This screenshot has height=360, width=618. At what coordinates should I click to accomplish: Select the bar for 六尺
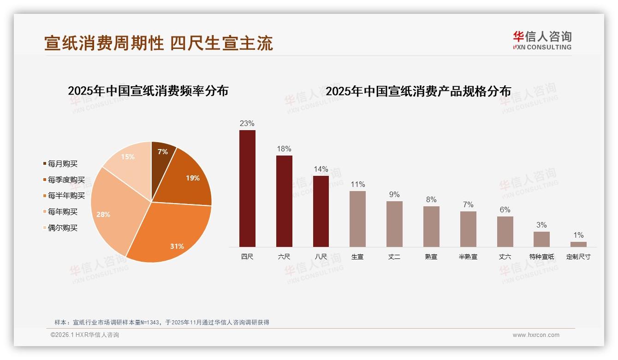pyautogui.click(x=284, y=201)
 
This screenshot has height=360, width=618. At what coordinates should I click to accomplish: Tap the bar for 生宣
pyautogui.click(x=357, y=219)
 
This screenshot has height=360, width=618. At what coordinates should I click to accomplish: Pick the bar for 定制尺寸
pyautogui.click(x=578, y=244)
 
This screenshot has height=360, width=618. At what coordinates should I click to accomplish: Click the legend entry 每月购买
pyautogui.click(x=63, y=164)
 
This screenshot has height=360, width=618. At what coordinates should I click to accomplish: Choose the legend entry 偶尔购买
pyautogui.click(x=63, y=228)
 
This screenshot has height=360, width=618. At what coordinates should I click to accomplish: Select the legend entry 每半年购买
pyautogui.click(x=66, y=196)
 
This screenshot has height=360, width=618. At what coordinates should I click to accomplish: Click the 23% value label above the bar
pyautogui.click(x=247, y=124)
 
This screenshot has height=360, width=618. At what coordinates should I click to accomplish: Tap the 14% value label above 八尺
pyautogui.click(x=321, y=169)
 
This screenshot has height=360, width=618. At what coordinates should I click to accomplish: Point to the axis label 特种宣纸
pyautogui.click(x=541, y=257)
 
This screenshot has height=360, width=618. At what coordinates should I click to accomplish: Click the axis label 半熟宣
pyautogui.click(x=468, y=257)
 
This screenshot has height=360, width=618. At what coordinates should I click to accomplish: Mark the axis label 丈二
pyautogui.click(x=394, y=257)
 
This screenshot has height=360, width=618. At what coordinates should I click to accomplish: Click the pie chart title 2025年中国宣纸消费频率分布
pyautogui.click(x=148, y=91)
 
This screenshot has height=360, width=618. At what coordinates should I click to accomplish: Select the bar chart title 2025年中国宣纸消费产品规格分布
pyautogui.click(x=418, y=91)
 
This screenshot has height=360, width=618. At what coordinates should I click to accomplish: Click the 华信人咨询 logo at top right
pyautogui.click(x=542, y=40)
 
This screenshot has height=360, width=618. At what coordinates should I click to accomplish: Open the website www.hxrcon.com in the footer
pyautogui.click(x=536, y=335)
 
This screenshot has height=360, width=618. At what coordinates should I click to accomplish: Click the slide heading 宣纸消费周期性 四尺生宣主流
pyautogui.click(x=159, y=43)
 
